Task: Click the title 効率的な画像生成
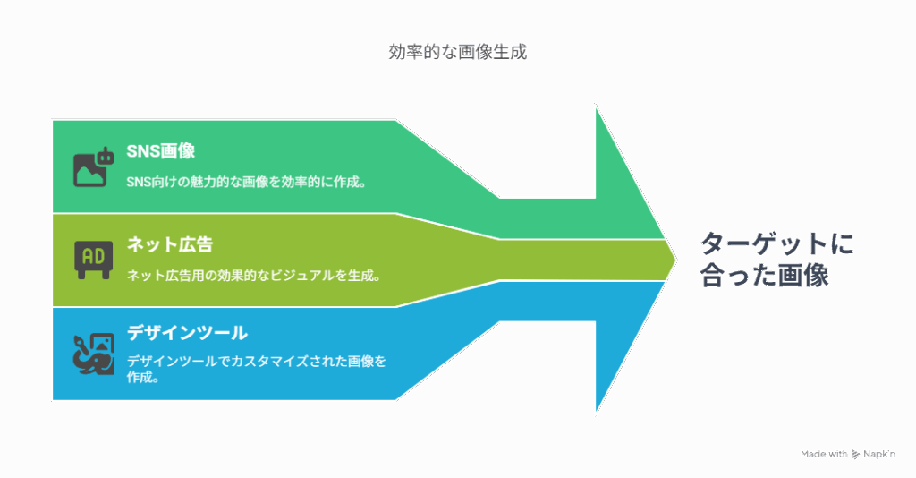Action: click(x=457, y=52)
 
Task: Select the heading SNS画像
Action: click(x=161, y=151)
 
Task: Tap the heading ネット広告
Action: click(x=169, y=244)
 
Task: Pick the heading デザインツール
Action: click(x=187, y=332)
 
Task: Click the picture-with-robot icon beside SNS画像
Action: click(x=93, y=167)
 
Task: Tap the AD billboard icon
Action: click(x=93, y=260)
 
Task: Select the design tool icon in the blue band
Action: click(x=93, y=354)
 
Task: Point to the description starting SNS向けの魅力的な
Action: click(x=247, y=183)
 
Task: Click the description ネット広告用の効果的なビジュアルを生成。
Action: click(x=254, y=275)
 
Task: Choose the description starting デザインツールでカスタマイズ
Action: click(x=257, y=369)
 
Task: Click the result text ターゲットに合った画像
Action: click(x=776, y=260)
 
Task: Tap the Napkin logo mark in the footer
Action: click(x=855, y=454)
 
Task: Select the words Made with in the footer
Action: click(x=824, y=454)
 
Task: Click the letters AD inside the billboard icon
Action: click(x=93, y=257)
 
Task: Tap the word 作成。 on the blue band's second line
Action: click(x=143, y=377)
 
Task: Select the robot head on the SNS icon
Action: click(x=106, y=156)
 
